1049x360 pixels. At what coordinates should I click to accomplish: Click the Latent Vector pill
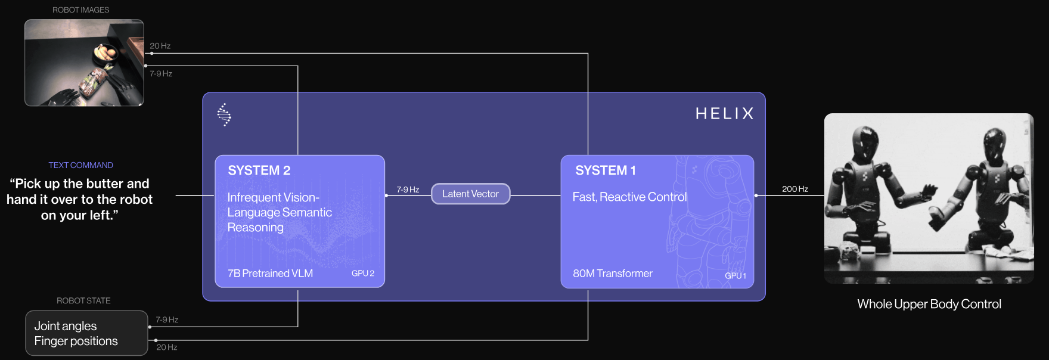click(x=470, y=194)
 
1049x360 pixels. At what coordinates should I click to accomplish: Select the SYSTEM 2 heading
click(x=259, y=170)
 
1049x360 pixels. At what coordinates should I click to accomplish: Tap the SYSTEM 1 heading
click(x=605, y=170)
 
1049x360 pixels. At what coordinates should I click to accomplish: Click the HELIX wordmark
click(x=724, y=114)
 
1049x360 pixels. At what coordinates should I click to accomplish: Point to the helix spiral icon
click(x=224, y=114)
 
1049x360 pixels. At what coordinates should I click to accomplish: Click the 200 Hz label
click(x=794, y=189)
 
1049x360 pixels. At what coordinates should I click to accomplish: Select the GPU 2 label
click(x=362, y=273)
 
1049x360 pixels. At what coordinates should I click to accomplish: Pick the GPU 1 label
click(x=735, y=275)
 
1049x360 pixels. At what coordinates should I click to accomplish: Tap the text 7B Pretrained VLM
click(x=270, y=274)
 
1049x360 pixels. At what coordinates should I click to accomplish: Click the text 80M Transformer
click(x=612, y=274)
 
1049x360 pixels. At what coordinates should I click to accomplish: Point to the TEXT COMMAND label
click(x=80, y=165)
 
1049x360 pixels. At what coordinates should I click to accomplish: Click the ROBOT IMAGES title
click(x=80, y=10)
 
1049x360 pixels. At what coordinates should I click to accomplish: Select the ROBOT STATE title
click(x=83, y=300)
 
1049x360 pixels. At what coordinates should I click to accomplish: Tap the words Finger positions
click(x=76, y=341)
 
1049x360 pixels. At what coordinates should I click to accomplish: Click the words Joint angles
click(x=65, y=326)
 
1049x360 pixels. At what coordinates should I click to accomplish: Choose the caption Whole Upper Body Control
click(x=929, y=304)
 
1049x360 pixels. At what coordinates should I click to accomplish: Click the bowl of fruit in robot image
click(x=105, y=53)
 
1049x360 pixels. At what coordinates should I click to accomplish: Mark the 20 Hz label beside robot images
click(x=160, y=46)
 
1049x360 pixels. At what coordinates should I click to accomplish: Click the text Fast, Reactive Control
click(x=629, y=197)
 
